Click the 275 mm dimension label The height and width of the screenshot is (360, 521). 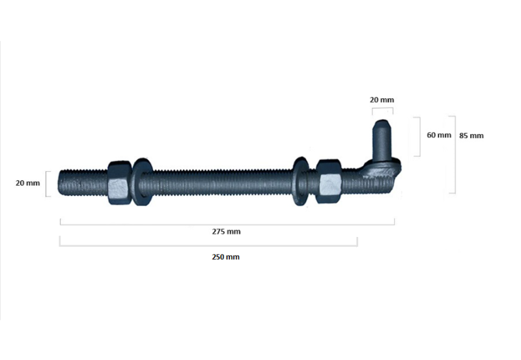pyautogui.click(x=226, y=232)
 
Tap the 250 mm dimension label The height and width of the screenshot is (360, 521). pyautogui.click(x=225, y=257)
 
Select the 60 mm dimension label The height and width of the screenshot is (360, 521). pyautogui.click(x=439, y=135)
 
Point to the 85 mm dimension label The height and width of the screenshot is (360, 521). pyautogui.click(x=471, y=135)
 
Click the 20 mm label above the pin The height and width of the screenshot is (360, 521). pyautogui.click(x=382, y=100)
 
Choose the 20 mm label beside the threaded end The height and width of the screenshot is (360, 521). pyautogui.click(x=27, y=183)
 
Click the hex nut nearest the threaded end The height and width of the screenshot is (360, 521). pyautogui.click(x=120, y=183)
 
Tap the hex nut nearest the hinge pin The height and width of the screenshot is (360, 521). pyautogui.click(x=328, y=182)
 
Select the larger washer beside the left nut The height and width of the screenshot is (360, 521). pyautogui.click(x=142, y=182)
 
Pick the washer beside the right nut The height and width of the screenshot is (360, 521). pyautogui.click(x=301, y=182)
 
